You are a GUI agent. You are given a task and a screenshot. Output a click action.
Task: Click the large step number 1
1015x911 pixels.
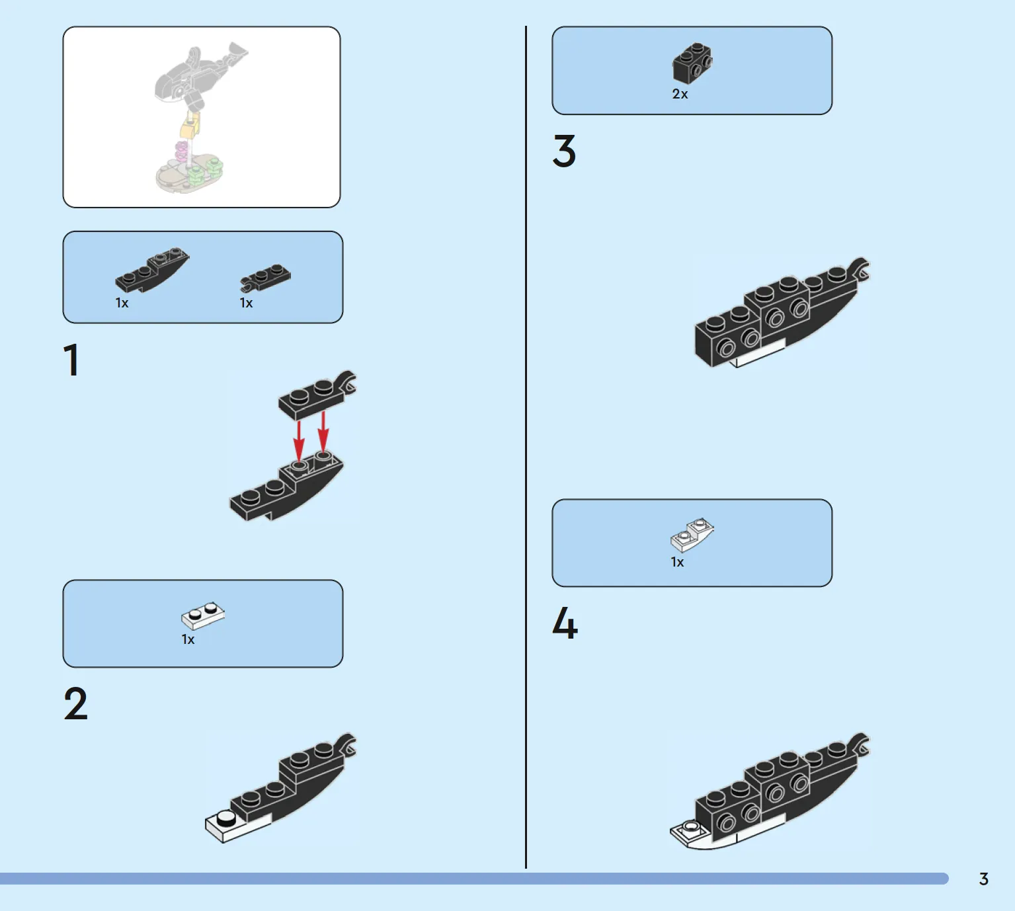pos(71,360)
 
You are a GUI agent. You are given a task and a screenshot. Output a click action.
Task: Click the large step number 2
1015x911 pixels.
pos(75,703)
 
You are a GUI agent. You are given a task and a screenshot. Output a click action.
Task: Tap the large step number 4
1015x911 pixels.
pos(565,623)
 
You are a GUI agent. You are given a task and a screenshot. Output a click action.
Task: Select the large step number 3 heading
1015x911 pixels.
pos(564,151)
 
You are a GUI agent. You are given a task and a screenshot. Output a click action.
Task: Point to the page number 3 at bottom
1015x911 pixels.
pos(983,879)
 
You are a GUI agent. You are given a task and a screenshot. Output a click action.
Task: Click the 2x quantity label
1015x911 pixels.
pos(680,94)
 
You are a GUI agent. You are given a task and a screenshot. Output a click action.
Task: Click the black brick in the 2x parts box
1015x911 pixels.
pos(692,63)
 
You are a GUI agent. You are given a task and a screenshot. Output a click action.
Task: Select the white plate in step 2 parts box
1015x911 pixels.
pos(203,615)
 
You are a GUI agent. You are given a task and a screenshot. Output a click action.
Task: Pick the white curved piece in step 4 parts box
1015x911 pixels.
pos(692,535)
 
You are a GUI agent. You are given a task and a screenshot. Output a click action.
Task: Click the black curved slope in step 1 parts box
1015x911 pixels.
pos(152,270)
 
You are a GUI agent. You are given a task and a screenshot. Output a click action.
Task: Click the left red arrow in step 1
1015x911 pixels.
pos(299,439)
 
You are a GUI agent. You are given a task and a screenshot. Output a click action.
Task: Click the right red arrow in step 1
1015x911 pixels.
pos(323,431)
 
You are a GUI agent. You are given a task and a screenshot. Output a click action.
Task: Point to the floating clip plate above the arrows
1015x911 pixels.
pos(317,395)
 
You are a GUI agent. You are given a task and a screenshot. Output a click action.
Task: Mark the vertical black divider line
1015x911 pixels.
pos(526,448)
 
